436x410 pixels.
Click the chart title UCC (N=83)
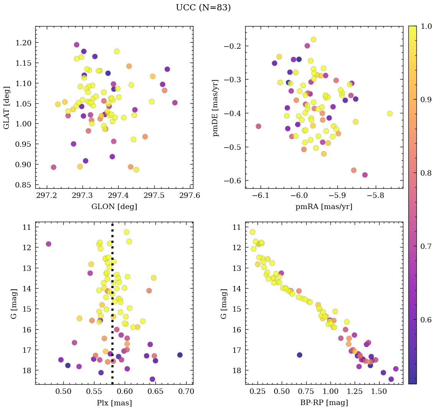[x=203, y=8]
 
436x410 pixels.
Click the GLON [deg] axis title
[x=114, y=207]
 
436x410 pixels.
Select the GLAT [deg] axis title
[x=7, y=107]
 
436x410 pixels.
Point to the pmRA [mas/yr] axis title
[x=324, y=207]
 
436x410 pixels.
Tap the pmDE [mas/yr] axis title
[x=216, y=107]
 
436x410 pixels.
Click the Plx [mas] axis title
[x=114, y=403]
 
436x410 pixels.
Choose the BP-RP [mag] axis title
[x=324, y=403]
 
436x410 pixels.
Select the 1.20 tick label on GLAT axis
[x=23, y=43]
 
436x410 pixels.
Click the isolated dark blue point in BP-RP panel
[x=299, y=355]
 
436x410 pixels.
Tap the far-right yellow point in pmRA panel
[x=390, y=113]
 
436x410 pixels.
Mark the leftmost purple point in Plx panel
[x=48, y=244]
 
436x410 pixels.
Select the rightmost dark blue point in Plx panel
[x=180, y=355]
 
